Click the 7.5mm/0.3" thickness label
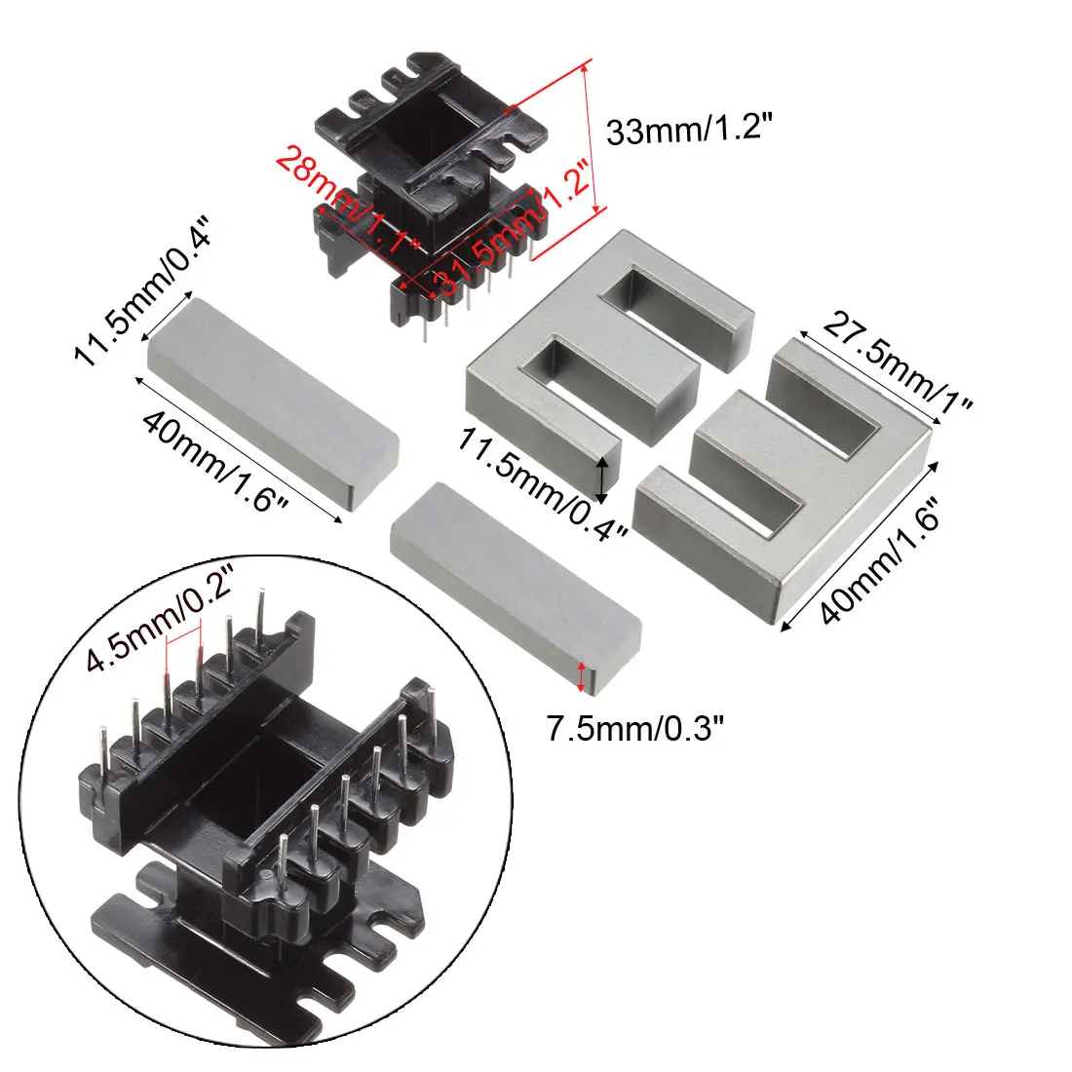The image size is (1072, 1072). pos(635,726)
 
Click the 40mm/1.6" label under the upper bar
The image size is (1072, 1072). pos(215,461)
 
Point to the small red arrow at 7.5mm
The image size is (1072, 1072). pos(582,676)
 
